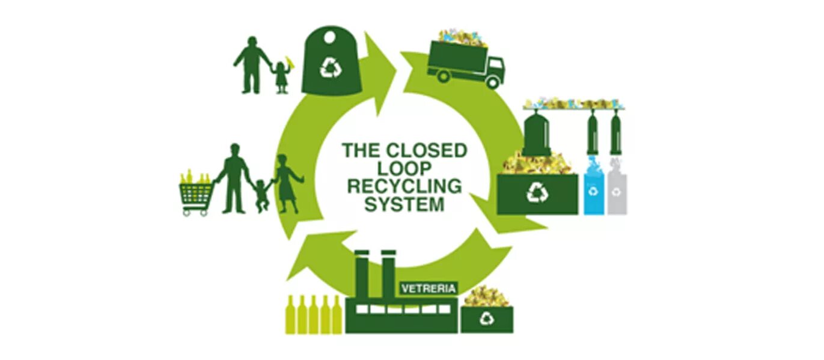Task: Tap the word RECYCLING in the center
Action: click(x=404, y=186)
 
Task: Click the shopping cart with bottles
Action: click(x=196, y=192)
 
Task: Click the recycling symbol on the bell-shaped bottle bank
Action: click(x=330, y=67)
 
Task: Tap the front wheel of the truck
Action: click(x=492, y=82)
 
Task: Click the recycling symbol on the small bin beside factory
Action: click(x=487, y=319)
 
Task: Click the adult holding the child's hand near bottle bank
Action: click(x=251, y=64)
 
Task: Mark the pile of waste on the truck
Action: click(x=462, y=37)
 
